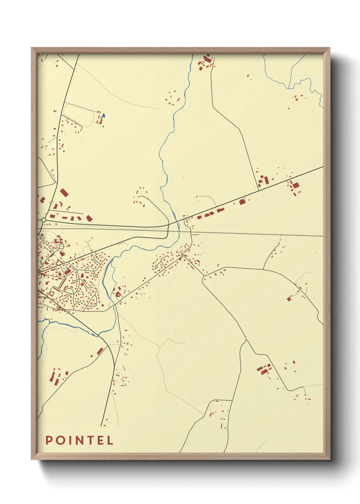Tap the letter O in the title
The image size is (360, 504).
tap(60, 440)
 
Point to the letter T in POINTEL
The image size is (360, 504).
tap(91, 440)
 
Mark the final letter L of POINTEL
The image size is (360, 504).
tap(110, 440)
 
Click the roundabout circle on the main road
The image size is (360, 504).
tap(44, 220)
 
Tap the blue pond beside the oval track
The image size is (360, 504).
tap(104, 115)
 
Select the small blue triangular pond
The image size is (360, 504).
tap(144, 205)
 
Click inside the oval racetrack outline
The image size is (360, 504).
tap(78, 114)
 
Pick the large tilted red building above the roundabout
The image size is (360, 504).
tap(64, 193)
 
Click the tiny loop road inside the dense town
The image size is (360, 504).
tap(62, 246)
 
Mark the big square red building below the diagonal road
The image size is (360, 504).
tap(295, 186)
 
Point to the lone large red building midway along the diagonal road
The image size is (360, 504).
tap(242, 202)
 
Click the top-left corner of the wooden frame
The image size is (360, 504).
tap(32, 48)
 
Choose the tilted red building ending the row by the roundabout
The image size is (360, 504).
tap(89, 218)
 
